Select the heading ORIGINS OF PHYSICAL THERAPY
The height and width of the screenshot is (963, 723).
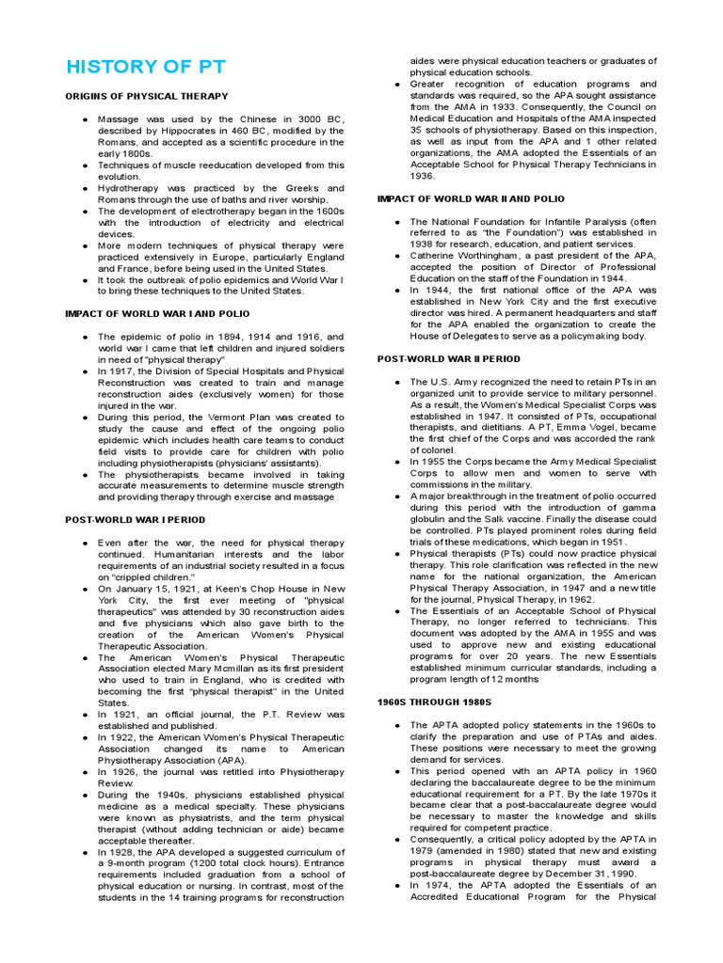[146, 96]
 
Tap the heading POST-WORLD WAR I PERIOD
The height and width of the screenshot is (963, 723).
[135, 519]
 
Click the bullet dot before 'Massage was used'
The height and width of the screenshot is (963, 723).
[85, 119]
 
